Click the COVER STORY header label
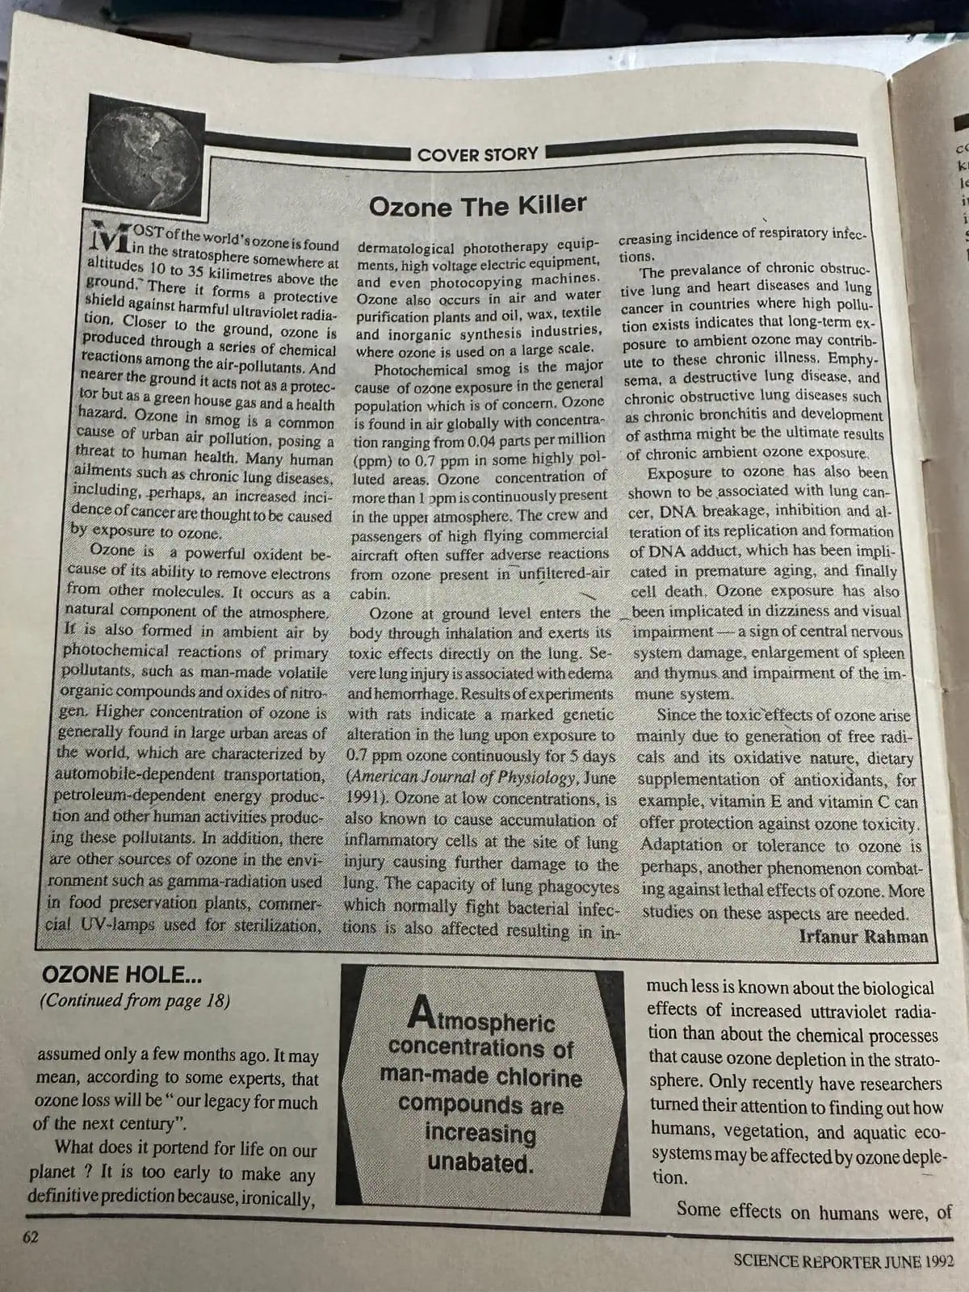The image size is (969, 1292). point(477,153)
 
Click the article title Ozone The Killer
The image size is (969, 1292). point(477,206)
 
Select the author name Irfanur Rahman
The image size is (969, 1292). point(863,937)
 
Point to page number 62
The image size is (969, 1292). point(31,1236)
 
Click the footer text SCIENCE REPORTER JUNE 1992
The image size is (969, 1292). point(842,1261)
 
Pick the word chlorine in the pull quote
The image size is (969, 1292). point(538,1077)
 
